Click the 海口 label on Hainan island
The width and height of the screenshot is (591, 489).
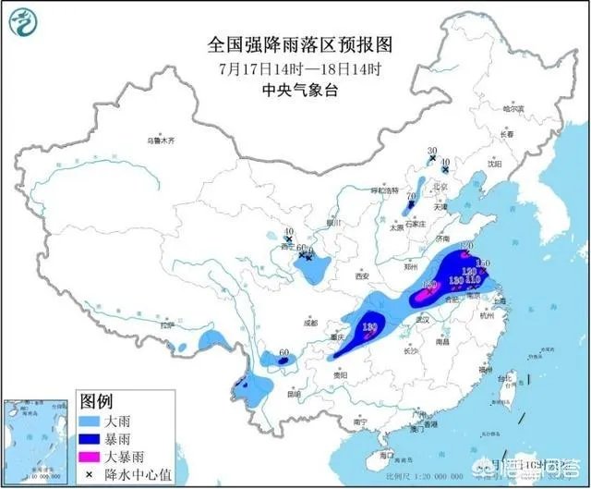click(x=378, y=456)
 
